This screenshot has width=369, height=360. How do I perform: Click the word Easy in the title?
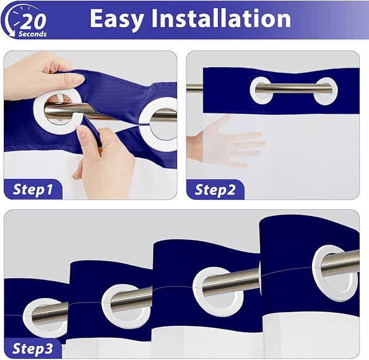(117, 20)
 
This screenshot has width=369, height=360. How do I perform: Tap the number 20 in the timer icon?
(33, 21)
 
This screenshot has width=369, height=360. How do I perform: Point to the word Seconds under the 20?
(33, 34)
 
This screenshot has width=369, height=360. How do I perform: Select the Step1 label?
(33, 190)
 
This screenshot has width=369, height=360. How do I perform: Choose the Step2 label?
(215, 190)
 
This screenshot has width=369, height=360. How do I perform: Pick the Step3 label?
(33, 349)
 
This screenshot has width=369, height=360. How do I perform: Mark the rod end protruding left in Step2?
(195, 88)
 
